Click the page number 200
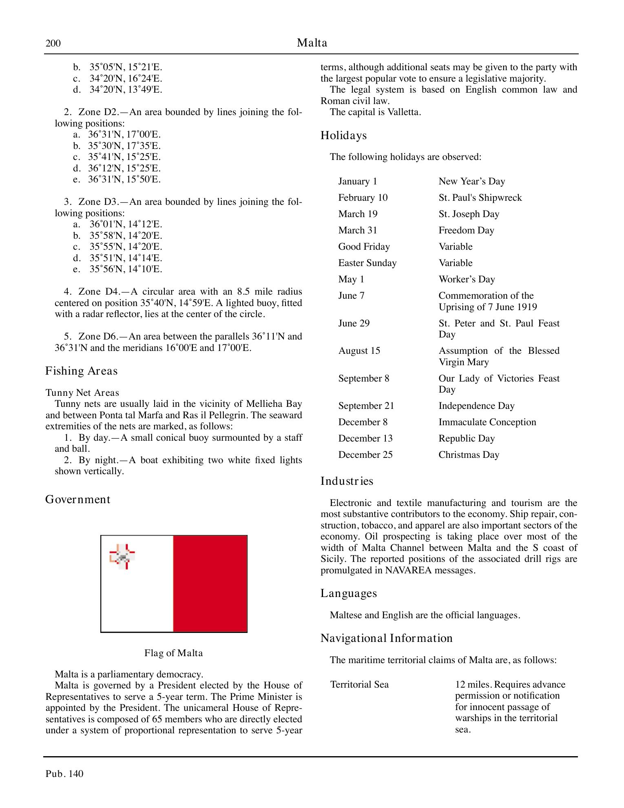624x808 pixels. [x=53, y=43]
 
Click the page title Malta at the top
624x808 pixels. [x=312, y=43]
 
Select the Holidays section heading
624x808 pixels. [x=343, y=135]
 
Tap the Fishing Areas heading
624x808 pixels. [x=81, y=371]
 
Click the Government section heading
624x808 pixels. [x=77, y=499]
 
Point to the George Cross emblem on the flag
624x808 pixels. [x=122, y=556]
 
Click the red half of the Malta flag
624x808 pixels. [x=210, y=584]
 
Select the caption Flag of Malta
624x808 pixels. [x=173, y=653]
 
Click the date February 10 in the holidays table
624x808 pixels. [x=363, y=198]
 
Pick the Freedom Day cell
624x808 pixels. [x=466, y=231]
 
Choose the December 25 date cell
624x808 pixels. [x=365, y=455]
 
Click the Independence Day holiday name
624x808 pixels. [x=476, y=406]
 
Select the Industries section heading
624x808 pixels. [x=347, y=481]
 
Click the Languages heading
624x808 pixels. [x=349, y=593]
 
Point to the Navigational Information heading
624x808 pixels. [x=386, y=638]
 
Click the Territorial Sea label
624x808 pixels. [x=359, y=685]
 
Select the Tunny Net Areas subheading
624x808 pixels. [x=82, y=393]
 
